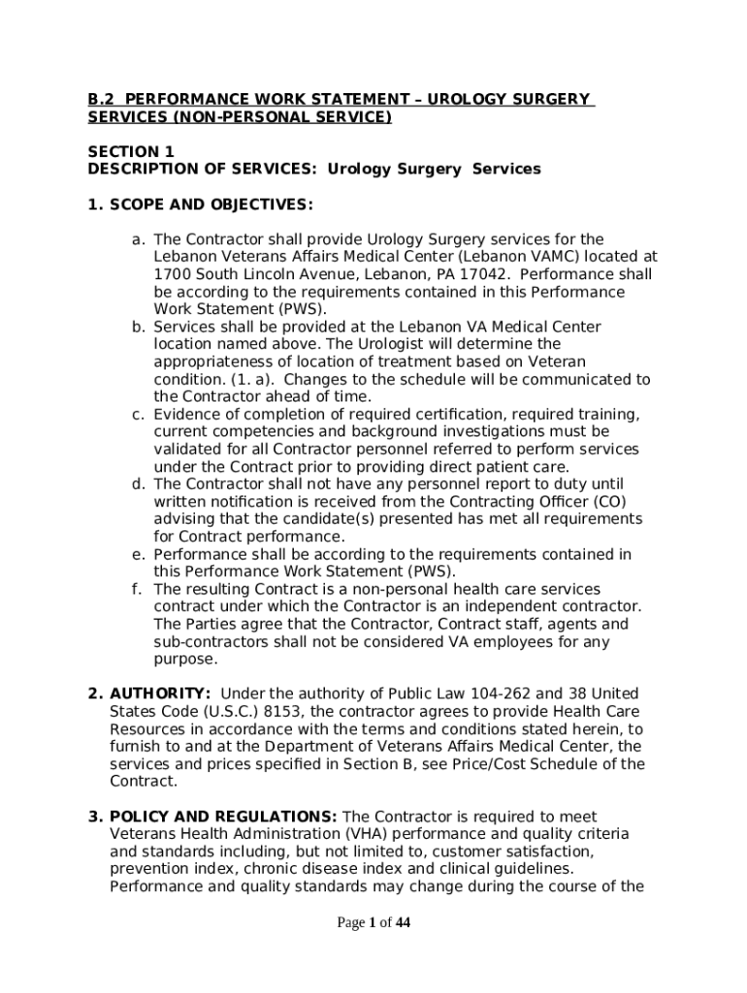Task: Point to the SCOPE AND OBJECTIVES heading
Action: (201, 205)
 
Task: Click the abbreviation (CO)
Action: (609, 501)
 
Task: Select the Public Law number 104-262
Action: (498, 694)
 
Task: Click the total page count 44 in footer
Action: (403, 923)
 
